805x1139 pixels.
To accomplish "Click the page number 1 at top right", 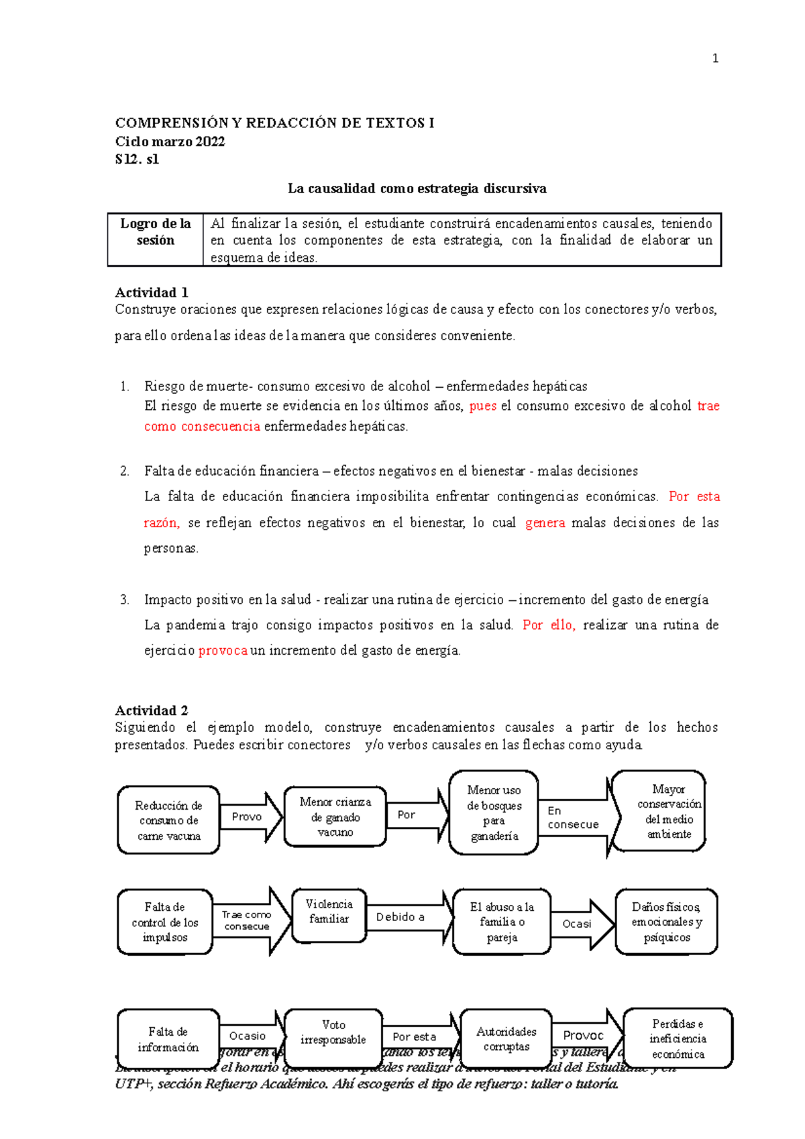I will [x=715, y=58].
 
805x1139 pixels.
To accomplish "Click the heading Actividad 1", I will [x=152, y=292].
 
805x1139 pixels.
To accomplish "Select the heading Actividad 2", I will [x=152, y=710].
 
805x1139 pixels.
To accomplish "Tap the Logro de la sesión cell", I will [x=156, y=232].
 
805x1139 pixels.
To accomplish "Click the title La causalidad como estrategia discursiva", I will [x=417, y=188].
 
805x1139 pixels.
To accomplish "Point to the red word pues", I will [x=482, y=406].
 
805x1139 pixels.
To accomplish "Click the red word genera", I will [x=545, y=523].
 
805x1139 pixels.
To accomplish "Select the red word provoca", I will [x=223, y=651].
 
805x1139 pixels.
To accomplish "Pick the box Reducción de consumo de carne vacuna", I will [x=168, y=820].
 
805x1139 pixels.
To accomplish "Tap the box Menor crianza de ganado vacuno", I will [x=335, y=817].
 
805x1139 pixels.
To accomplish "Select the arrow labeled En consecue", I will [x=574, y=818].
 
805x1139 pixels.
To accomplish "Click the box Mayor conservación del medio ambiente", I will [x=668, y=812].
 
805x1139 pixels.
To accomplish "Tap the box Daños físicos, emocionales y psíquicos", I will [x=666, y=922].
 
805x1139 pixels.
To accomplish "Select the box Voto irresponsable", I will [x=333, y=1033].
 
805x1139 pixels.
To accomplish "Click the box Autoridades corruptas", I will [x=506, y=1039].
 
